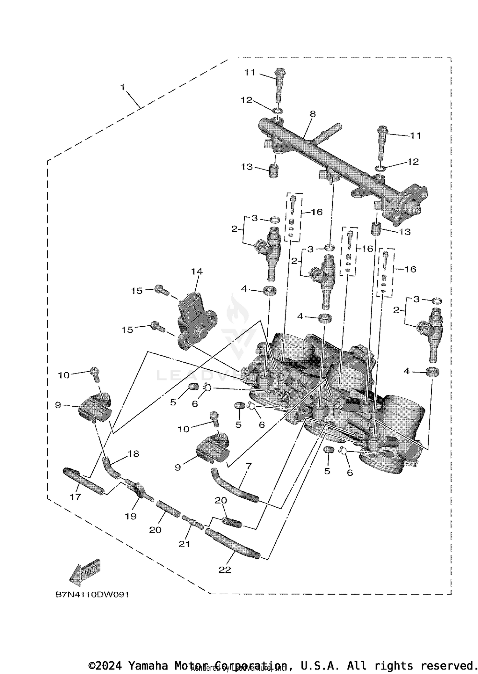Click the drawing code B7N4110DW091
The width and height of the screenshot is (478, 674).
(x=92, y=595)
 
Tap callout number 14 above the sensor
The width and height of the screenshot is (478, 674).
(x=197, y=272)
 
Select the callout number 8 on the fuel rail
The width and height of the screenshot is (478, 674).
(x=313, y=114)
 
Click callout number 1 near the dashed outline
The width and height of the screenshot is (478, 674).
(x=123, y=87)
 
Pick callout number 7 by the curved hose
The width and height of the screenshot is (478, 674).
(x=249, y=466)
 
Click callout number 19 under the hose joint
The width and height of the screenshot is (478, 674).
(x=131, y=516)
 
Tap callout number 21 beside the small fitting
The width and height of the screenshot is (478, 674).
(x=184, y=544)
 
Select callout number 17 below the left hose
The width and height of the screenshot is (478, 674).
(x=76, y=497)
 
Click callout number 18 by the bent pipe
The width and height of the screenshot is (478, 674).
(x=134, y=454)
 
